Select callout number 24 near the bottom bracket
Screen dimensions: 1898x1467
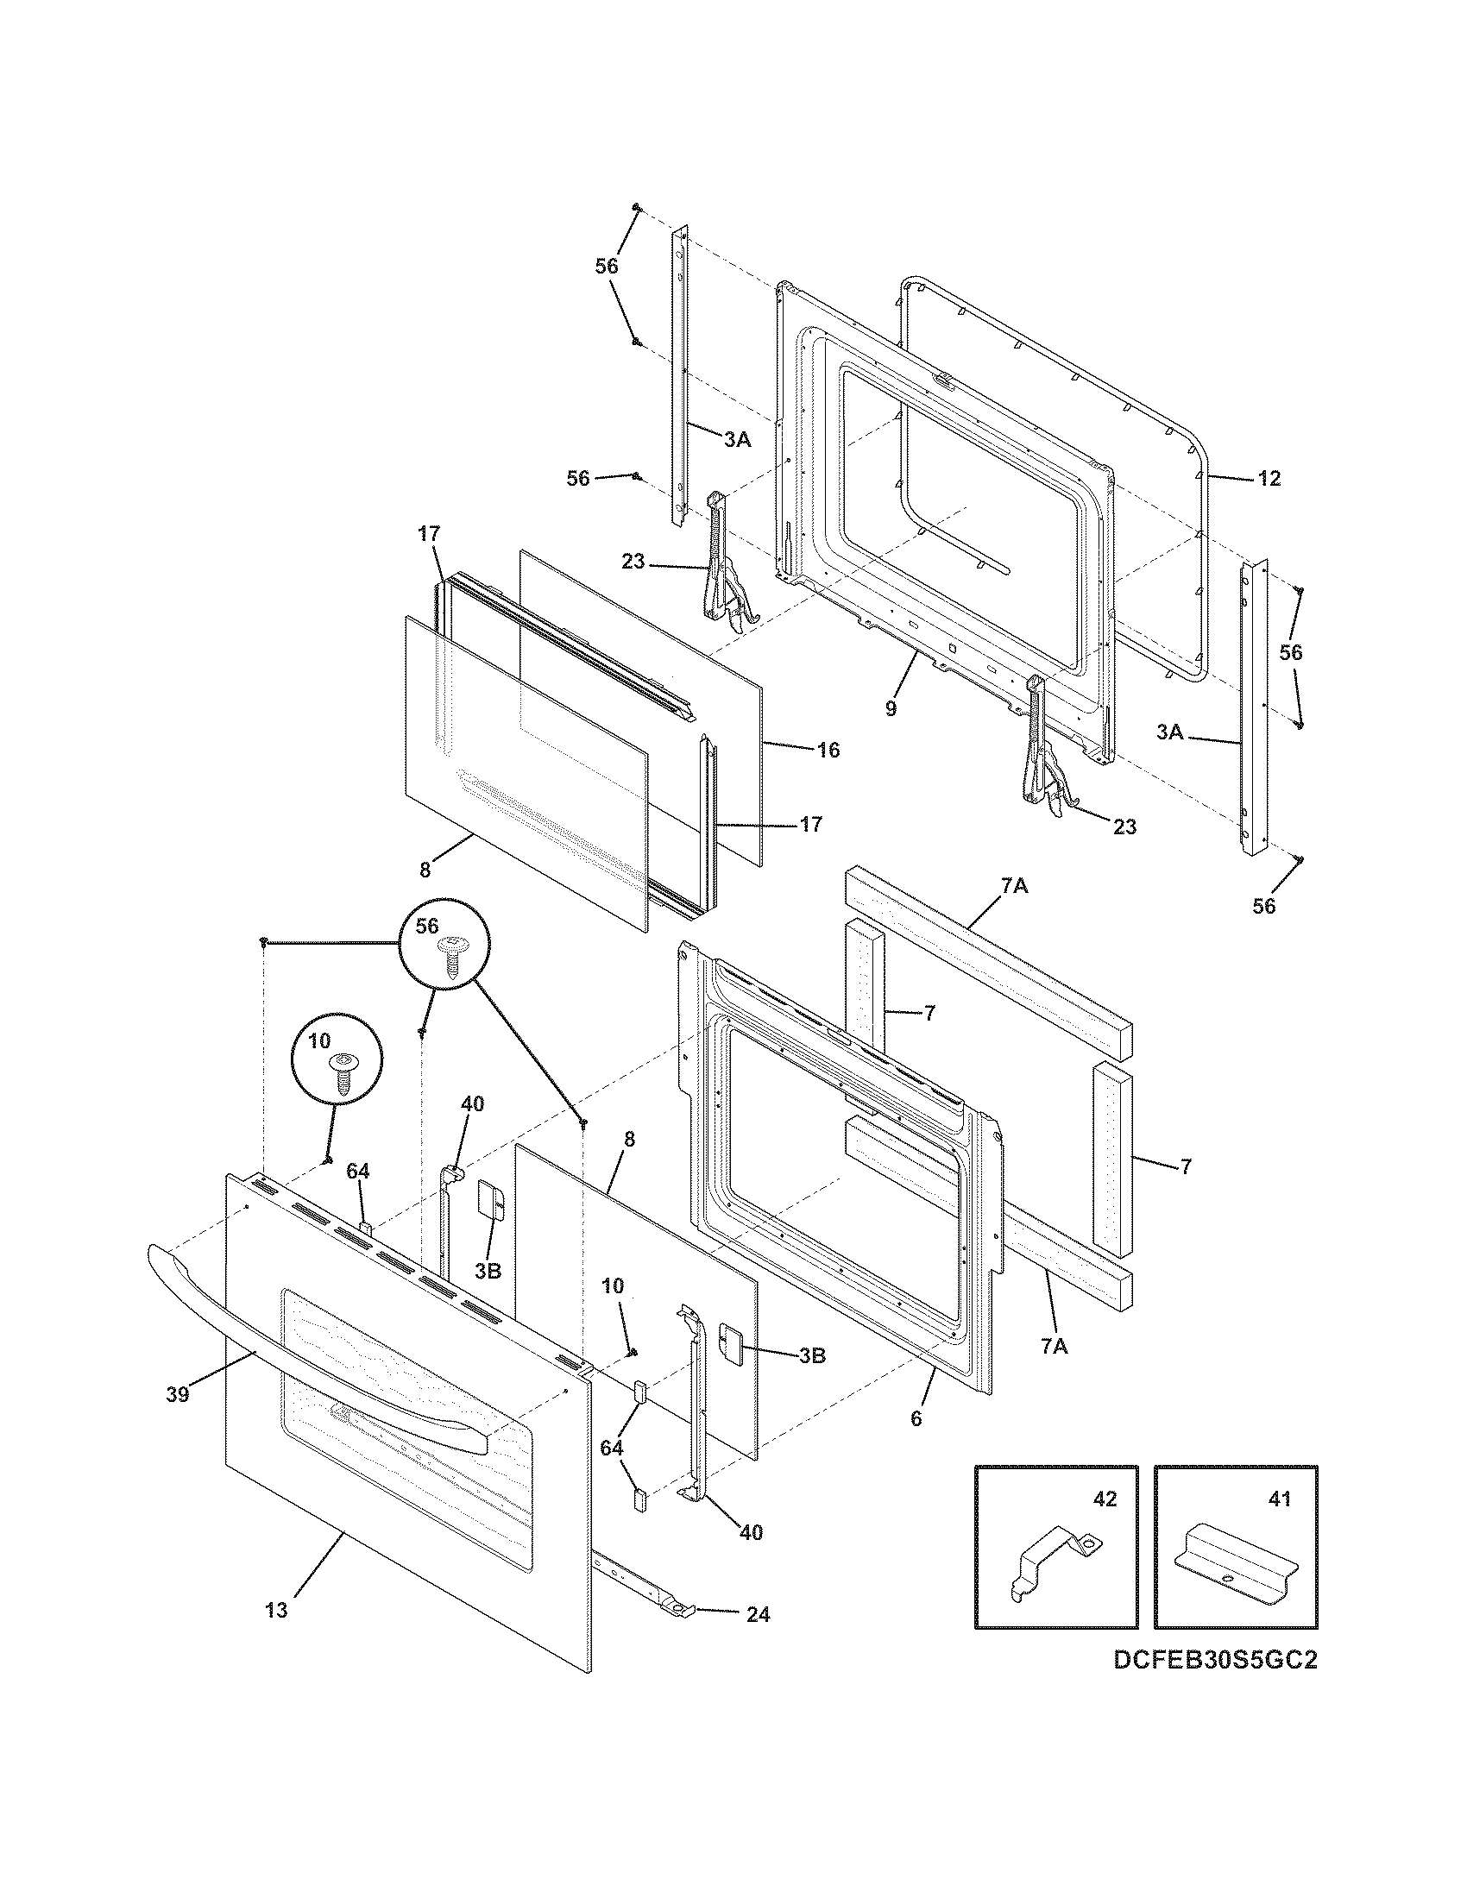point(757,1615)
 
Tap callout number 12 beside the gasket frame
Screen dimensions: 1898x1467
point(1269,479)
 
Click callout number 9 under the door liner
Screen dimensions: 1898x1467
point(891,708)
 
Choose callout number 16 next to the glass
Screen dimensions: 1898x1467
point(828,750)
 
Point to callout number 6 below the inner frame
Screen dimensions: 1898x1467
point(916,1419)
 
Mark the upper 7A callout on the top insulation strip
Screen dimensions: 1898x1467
point(1014,886)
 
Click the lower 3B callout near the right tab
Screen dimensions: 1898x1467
point(811,1354)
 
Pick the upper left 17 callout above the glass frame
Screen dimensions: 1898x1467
point(429,533)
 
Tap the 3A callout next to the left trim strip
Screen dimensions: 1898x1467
point(737,440)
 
